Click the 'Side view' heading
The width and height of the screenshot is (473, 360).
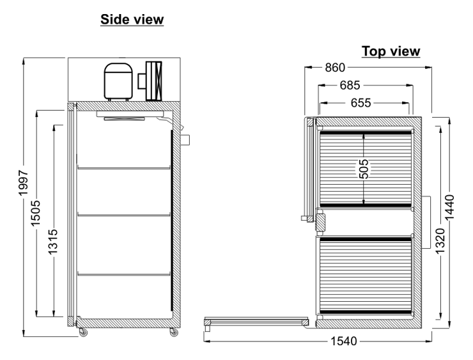[132, 20]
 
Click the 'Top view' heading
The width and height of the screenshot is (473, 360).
[391, 51]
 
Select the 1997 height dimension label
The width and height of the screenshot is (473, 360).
[23, 183]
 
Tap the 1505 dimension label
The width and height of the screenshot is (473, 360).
[36, 213]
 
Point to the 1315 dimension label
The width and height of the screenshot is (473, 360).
[53, 242]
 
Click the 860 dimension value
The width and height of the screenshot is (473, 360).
[335, 68]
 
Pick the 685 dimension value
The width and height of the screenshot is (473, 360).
[350, 85]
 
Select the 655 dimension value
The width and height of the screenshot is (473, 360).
[361, 103]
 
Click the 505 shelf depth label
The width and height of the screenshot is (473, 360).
[364, 169]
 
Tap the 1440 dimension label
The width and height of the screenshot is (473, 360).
[449, 208]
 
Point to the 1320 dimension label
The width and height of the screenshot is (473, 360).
[440, 241]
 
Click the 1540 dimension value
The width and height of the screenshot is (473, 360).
[344, 341]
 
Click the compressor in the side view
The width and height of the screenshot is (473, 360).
[118, 81]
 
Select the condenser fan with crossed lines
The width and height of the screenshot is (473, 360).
[153, 81]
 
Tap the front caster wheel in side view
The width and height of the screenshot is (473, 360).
[82, 333]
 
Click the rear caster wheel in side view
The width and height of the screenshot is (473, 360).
[174, 333]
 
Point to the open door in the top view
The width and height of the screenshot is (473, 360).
[256, 322]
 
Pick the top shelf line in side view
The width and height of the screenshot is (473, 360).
[124, 168]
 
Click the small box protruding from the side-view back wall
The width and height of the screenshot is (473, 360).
[185, 140]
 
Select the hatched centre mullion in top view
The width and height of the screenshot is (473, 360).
[320, 222]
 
